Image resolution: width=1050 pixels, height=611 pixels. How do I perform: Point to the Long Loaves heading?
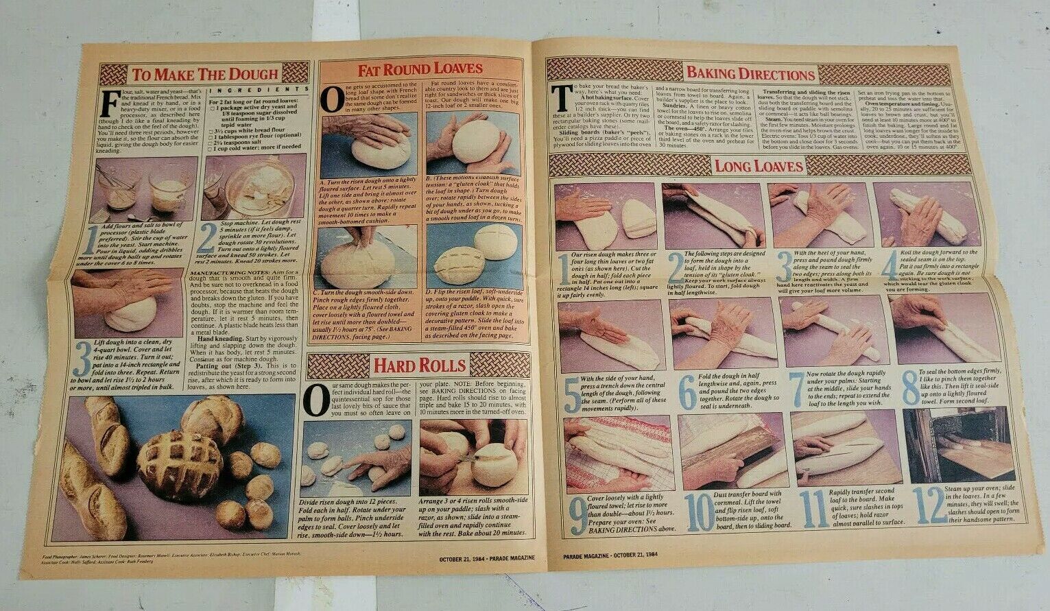[x=759, y=165]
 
